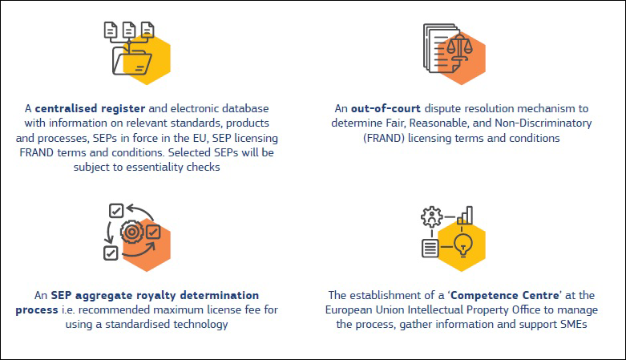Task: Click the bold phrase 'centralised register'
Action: tap(90, 109)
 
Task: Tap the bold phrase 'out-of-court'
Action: tap(386, 109)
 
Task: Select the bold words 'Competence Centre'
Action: tap(505, 295)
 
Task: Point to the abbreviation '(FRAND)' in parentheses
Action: tap(384, 138)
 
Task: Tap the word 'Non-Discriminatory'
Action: tap(543, 123)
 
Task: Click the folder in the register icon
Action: tap(131, 61)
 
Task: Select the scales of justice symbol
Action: tap(459, 47)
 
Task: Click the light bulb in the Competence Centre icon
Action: tap(463, 245)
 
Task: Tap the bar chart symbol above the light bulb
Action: tap(465, 216)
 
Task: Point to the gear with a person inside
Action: tap(431, 217)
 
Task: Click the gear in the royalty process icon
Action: tap(132, 232)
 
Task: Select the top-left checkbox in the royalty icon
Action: tap(116, 211)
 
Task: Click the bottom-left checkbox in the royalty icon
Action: tap(111, 253)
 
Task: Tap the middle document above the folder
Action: tap(129, 30)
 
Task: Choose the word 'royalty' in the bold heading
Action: tap(156, 296)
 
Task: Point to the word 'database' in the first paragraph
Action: tap(245, 109)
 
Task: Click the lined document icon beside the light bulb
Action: tap(430, 248)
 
